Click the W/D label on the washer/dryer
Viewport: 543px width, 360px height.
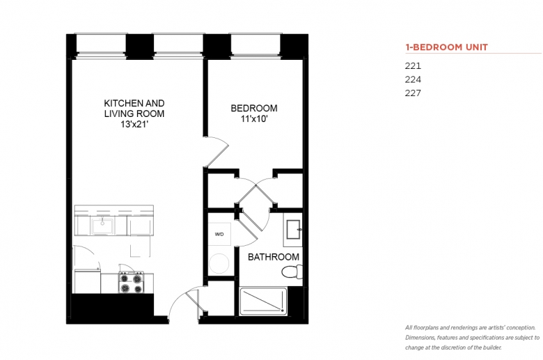[x=219, y=234]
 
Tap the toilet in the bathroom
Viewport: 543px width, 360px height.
[x=292, y=272]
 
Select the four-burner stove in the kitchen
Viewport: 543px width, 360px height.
[x=131, y=282]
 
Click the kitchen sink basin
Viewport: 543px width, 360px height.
[x=102, y=226]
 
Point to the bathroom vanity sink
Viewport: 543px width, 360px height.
[x=294, y=229]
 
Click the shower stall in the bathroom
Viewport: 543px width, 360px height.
[x=263, y=301]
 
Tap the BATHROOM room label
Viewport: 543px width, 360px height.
[x=274, y=257]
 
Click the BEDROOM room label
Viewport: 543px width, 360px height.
[x=254, y=108]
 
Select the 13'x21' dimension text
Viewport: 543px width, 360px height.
[x=134, y=124]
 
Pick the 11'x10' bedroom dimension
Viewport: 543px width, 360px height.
[x=254, y=119]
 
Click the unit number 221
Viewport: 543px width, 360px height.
[x=413, y=66]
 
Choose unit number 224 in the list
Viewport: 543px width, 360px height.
[x=413, y=79]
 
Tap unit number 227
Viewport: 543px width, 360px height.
[x=413, y=93]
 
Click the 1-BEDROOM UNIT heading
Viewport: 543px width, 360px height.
[x=446, y=47]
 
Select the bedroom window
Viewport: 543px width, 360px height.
[x=255, y=45]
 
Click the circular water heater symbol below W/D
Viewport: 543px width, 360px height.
[x=219, y=263]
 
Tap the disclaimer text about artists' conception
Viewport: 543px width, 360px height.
[x=473, y=338]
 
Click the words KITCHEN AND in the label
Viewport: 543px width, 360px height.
[x=134, y=103]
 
